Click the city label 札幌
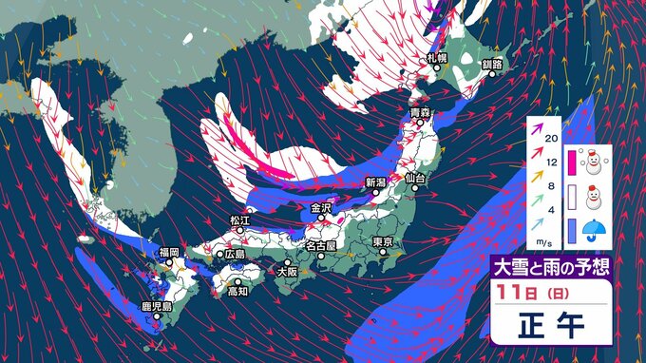tap(437, 58)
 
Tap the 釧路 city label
tap(492, 65)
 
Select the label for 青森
tap(421, 113)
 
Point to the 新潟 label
tap(377, 181)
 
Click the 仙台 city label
tap(414, 178)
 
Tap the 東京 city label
tap(384, 241)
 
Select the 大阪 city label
tap(286, 271)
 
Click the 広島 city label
tap(233, 254)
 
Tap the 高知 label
tap(237, 291)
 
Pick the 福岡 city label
tap(169, 252)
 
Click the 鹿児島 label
tap(156, 307)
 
